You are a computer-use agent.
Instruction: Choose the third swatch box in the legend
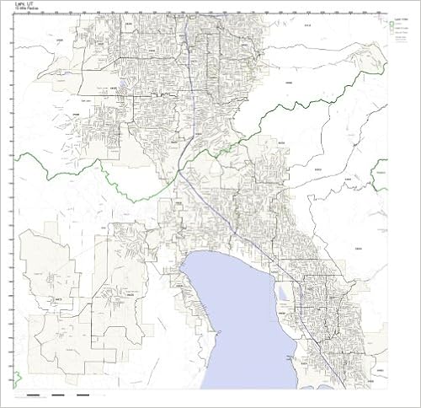[392, 37]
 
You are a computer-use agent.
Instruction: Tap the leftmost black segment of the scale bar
[33, 395]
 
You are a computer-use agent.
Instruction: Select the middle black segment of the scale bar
[58, 395]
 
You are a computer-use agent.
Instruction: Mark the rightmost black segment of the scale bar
[83, 395]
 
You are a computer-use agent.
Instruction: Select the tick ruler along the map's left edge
[12, 202]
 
